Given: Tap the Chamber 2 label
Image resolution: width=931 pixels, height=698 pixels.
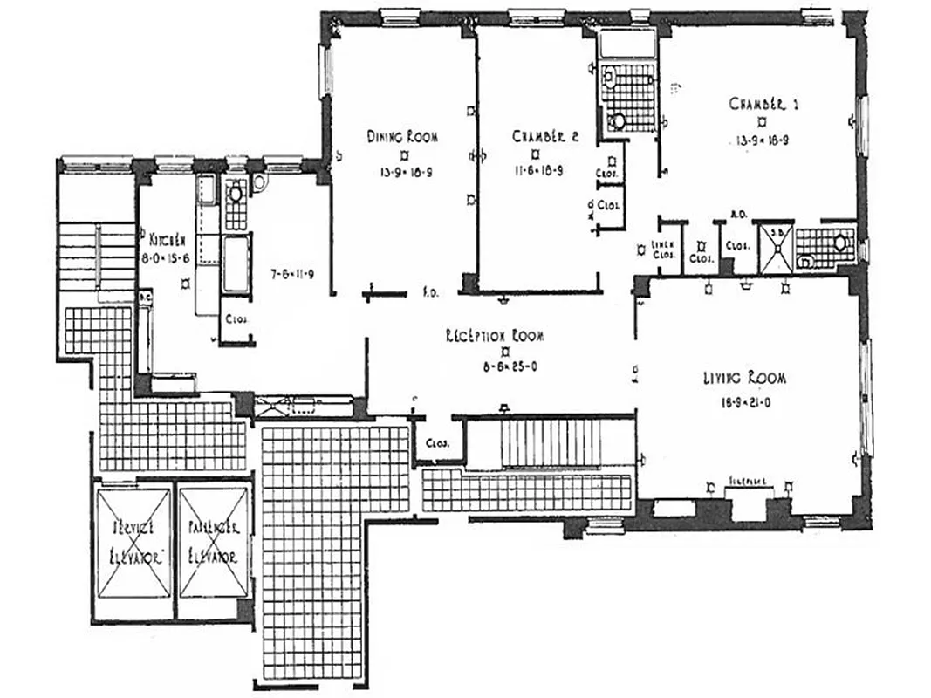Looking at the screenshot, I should [x=545, y=136].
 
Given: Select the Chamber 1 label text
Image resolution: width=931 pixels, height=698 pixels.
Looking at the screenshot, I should [x=763, y=104].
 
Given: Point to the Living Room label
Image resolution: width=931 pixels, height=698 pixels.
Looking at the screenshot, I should [x=744, y=378].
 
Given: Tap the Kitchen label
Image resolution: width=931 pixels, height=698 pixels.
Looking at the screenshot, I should [x=164, y=238].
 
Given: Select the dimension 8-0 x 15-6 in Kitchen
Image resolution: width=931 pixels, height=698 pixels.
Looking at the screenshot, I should [x=166, y=258].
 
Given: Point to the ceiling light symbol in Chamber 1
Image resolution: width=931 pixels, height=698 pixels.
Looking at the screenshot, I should [x=761, y=121].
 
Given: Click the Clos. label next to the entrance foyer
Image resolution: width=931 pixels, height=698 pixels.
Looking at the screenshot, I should [x=437, y=443].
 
